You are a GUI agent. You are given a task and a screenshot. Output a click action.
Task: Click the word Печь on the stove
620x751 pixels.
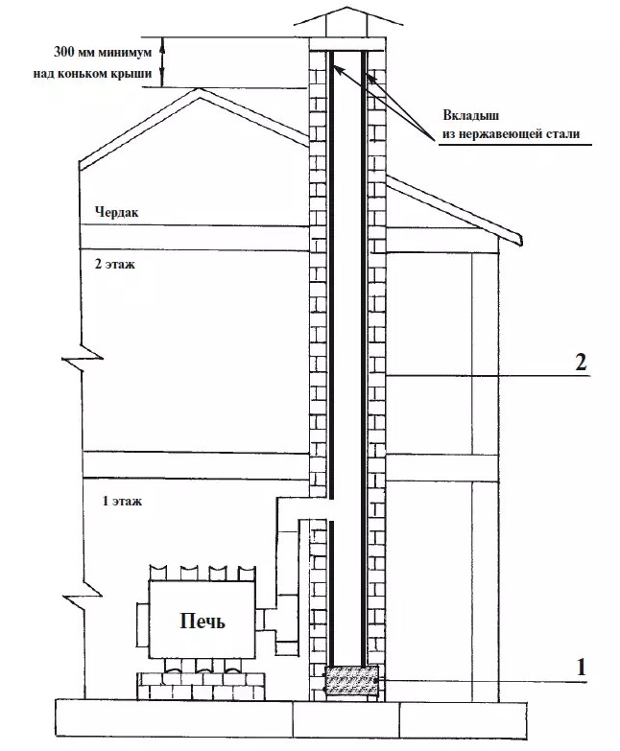pyautogui.click(x=203, y=622)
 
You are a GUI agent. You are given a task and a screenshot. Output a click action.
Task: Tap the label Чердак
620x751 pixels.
pyautogui.click(x=116, y=212)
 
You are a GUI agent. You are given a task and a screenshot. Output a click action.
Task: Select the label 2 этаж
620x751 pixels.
pyautogui.click(x=115, y=264)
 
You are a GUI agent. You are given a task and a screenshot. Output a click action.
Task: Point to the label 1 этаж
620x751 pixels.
pyautogui.click(x=122, y=501)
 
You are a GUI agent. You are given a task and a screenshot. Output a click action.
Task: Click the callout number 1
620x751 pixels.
pyautogui.click(x=582, y=667)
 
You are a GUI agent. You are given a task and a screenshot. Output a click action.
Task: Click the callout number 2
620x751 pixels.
pyautogui.click(x=581, y=363)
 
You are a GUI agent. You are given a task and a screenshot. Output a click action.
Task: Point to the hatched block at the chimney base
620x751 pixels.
pyautogui.click(x=351, y=681)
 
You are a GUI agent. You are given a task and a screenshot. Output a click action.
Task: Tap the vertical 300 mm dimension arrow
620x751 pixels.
pyautogui.click(x=162, y=62)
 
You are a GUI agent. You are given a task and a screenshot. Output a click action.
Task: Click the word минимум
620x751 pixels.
pyautogui.click(x=125, y=52)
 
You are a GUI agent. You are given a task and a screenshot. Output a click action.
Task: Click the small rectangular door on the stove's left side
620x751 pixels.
pyautogui.click(x=143, y=624)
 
